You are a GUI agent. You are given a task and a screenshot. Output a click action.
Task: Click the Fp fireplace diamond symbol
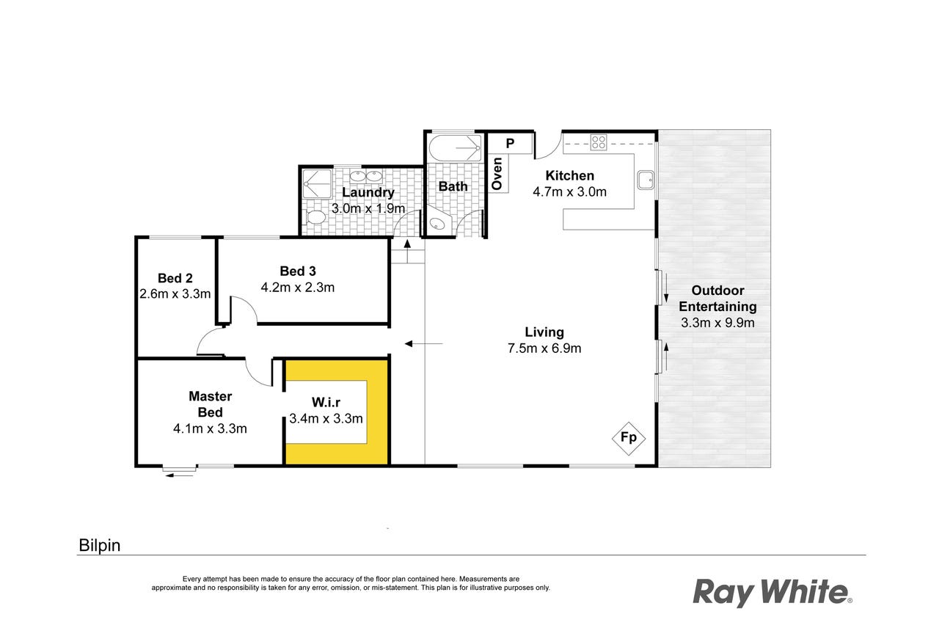(628, 438)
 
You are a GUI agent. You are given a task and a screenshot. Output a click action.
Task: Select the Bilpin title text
(100, 546)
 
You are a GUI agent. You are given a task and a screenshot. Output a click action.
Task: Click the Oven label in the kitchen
(497, 173)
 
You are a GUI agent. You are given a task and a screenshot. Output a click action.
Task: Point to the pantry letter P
(510, 144)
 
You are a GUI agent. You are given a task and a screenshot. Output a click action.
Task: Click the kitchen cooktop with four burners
(599, 142)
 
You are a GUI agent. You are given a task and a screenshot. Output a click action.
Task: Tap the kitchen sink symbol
(645, 180)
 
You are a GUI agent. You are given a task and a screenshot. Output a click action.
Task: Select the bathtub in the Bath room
(455, 147)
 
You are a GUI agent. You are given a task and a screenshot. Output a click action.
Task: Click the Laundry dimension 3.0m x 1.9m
(368, 208)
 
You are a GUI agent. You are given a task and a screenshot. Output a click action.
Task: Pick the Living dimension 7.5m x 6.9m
(544, 348)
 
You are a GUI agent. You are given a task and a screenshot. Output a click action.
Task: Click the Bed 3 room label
(298, 271)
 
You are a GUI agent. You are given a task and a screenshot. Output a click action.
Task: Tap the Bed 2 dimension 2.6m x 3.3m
(175, 294)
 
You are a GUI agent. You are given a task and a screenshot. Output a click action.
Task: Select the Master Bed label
(211, 404)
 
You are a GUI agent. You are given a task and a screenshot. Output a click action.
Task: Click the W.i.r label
(326, 403)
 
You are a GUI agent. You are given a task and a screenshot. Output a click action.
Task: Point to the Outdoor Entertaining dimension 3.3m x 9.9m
(718, 323)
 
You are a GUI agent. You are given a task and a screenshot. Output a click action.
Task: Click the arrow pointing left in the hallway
(424, 344)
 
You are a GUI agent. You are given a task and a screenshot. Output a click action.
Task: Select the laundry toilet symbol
(315, 217)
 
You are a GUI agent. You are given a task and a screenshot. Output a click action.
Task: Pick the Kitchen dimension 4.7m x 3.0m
(569, 191)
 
